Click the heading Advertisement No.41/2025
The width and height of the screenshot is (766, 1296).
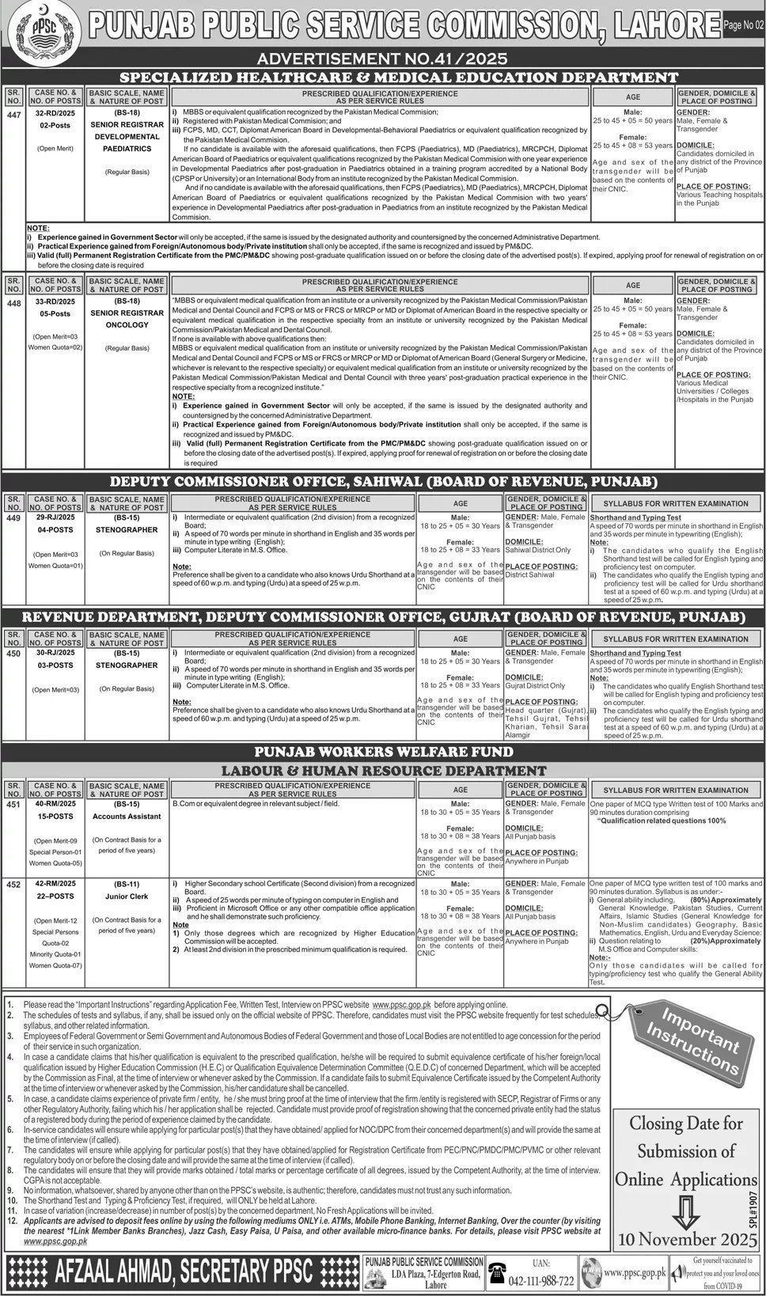click(381, 59)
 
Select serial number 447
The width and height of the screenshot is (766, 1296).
click(13, 114)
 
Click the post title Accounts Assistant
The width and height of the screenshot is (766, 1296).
click(127, 817)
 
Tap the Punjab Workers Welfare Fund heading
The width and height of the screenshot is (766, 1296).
click(382, 752)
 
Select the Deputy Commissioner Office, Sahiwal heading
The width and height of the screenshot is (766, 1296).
click(382, 481)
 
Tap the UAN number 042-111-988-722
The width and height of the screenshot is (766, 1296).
click(533, 1280)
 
